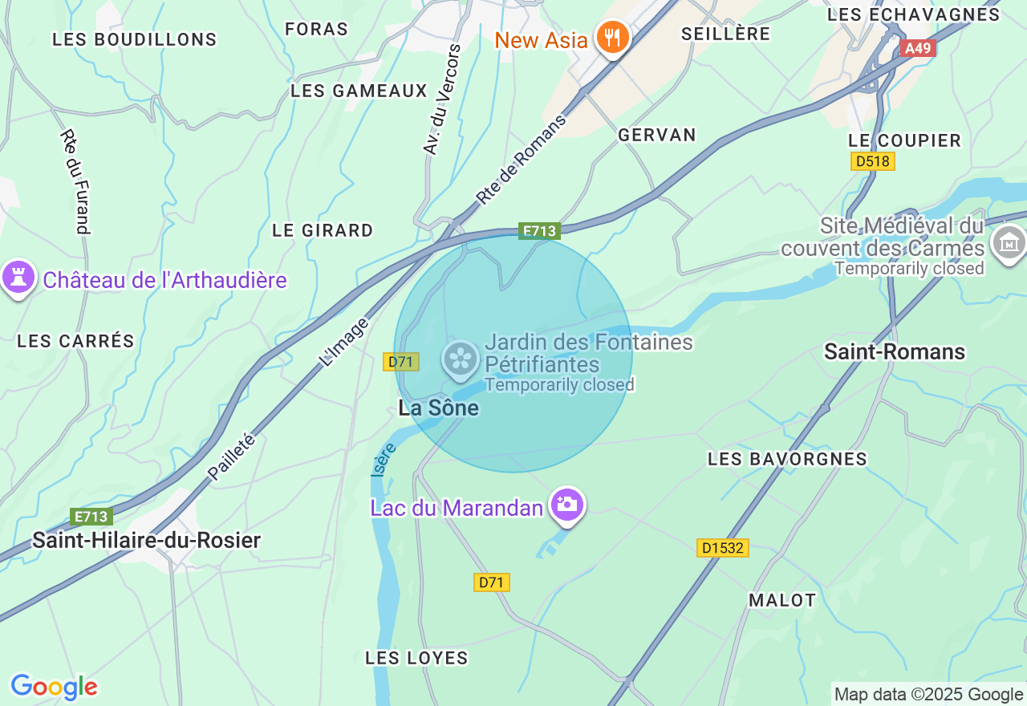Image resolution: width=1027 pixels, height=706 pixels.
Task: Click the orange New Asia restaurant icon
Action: tap(613, 38)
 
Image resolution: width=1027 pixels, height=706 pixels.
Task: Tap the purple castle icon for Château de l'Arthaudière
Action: tap(19, 278)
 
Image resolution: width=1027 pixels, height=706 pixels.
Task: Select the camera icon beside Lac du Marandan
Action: tap(567, 505)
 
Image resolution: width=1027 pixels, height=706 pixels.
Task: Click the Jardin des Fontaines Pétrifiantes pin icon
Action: tap(461, 359)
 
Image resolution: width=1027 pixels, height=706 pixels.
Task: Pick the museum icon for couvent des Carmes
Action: tap(1009, 242)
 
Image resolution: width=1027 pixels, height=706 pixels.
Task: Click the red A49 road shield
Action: tap(918, 48)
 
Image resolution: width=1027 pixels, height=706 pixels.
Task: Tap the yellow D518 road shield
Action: tap(872, 161)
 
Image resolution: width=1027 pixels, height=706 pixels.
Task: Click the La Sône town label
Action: tap(438, 408)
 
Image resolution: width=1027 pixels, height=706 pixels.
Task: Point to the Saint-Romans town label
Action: tap(895, 351)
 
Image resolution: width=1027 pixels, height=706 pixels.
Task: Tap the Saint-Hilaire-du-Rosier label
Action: tap(146, 541)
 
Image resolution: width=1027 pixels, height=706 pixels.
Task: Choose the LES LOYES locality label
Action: tap(416, 658)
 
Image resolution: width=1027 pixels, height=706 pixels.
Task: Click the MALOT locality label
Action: tap(781, 600)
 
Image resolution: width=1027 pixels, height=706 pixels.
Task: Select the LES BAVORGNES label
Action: tap(787, 459)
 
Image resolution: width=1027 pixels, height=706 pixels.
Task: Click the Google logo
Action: tap(54, 687)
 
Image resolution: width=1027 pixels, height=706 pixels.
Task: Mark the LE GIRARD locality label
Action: tap(323, 230)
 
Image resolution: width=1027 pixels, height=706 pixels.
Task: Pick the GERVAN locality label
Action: tap(656, 135)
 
